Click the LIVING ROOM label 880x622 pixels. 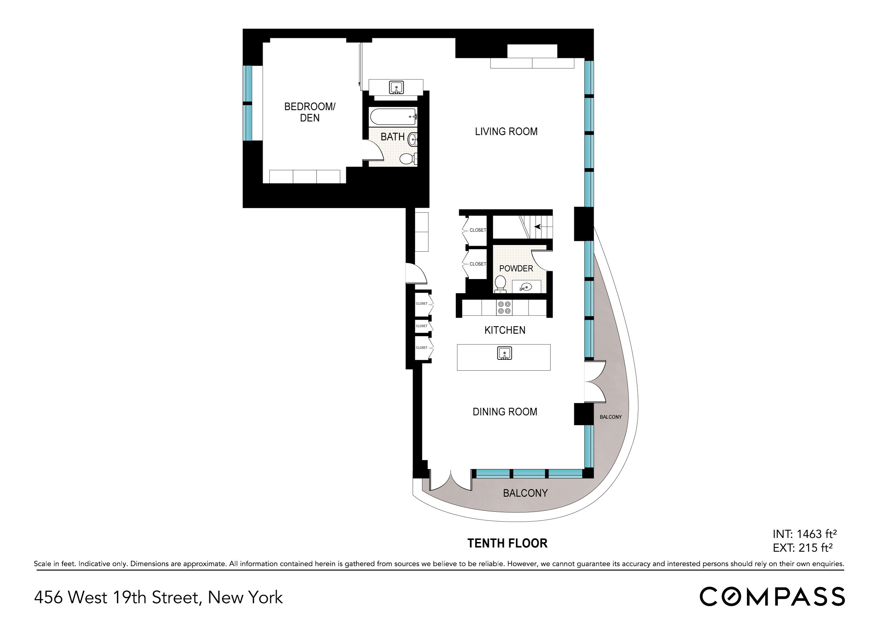pos(506,131)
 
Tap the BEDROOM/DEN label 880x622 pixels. pos(310,112)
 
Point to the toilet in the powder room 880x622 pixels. pos(500,283)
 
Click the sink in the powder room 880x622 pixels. pos(526,287)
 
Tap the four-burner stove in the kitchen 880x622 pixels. pos(504,307)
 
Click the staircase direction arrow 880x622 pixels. pos(538,226)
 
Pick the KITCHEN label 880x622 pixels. pos(505,330)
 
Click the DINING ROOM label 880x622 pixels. pos(505,412)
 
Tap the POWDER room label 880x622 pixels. pos(516,268)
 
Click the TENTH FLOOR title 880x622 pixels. pos(508,543)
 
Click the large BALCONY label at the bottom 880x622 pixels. pos(525,493)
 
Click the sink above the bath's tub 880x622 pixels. pos(396,87)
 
